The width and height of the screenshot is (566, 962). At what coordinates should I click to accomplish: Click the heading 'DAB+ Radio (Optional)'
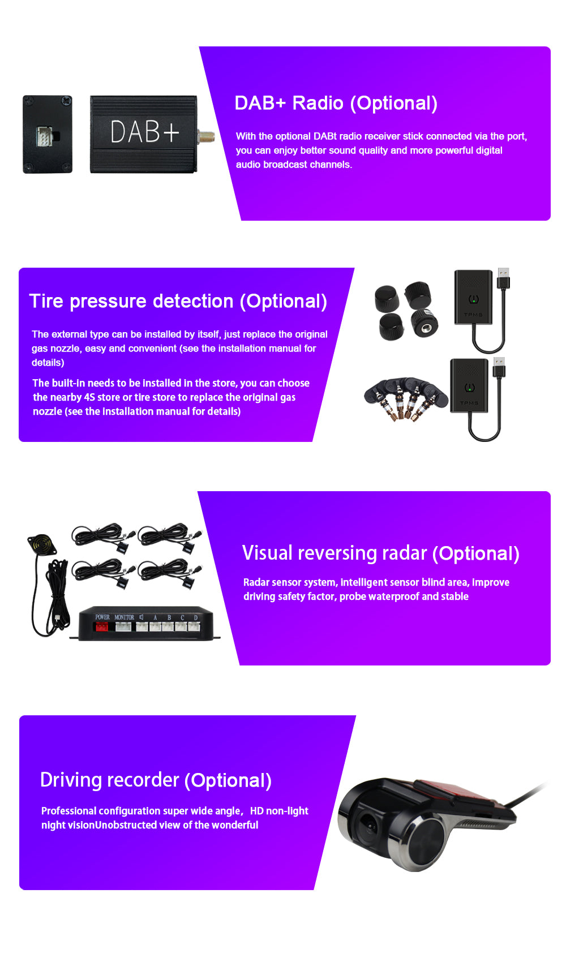pos(336,104)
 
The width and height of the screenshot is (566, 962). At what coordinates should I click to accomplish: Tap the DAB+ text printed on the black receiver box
pos(144,132)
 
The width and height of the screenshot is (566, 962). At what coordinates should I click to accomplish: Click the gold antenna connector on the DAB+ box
pos(206,136)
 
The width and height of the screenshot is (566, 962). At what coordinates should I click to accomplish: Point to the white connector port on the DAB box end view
pos(45,136)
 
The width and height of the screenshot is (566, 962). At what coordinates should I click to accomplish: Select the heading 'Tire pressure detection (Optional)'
pos(178,302)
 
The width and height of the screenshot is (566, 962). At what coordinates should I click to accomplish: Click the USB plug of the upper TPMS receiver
pos(503,278)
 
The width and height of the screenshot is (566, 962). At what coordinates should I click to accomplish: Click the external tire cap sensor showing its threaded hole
pos(424,323)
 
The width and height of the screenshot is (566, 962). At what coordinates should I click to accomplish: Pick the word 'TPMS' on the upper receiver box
pos(473,315)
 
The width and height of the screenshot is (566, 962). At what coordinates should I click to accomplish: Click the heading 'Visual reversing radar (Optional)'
pos(380,553)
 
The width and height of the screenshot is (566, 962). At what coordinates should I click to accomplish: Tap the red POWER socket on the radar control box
pos(101,627)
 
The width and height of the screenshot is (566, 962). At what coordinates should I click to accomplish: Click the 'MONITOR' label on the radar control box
pos(124,617)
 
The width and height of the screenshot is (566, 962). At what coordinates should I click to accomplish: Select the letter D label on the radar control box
pos(196,617)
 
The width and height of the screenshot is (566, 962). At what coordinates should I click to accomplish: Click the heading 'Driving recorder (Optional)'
pos(156,780)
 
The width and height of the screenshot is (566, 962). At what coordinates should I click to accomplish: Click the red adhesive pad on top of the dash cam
pos(447,790)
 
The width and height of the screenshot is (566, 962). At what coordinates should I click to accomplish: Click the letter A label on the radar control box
pos(155,617)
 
